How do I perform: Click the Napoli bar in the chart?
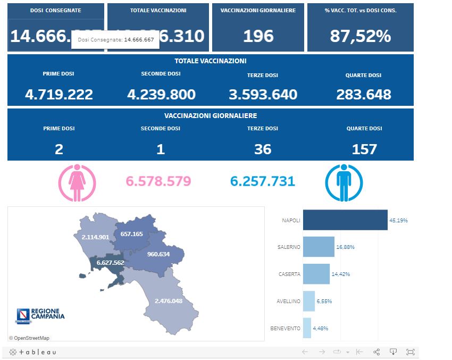tap(345, 220)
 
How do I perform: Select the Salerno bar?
tap(318, 247)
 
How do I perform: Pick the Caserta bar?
tap(316, 274)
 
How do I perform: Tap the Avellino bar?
tap(308, 301)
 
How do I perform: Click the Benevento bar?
tap(307, 328)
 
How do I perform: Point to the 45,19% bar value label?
tap(399, 220)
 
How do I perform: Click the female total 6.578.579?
tap(158, 181)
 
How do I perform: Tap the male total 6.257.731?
tap(262, 181)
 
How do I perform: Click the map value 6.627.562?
tap(110, 262)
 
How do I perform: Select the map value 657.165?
tap(132, 234)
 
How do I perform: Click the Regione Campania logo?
tap(40, 315)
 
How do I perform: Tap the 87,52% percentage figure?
tap(360, 36)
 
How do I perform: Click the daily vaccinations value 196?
tap(258, 36)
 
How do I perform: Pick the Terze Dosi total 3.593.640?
tap(263, 95)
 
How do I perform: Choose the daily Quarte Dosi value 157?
tap(364, 149)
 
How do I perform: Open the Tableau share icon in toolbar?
tap(376, 351)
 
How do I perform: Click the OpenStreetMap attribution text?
tap(29, 338)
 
